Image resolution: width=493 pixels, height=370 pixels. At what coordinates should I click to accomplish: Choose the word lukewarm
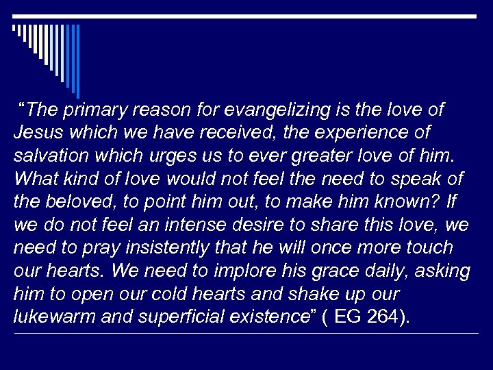tap(49, 317)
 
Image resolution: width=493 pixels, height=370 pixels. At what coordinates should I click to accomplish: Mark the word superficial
tap(199, 317)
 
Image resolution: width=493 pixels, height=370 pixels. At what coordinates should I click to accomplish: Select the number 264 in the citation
tap(384, 317)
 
